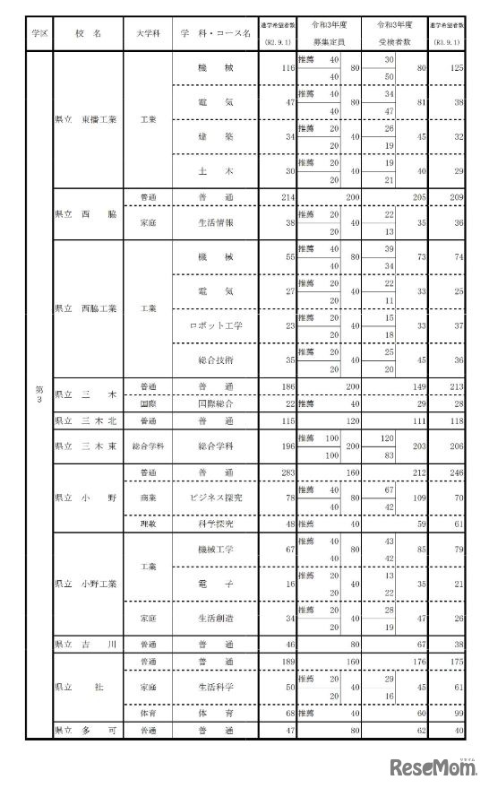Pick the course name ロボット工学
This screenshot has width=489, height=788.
[216, 325]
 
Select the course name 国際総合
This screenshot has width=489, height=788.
[216, 404]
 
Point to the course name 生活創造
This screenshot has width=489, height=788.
[216, 618]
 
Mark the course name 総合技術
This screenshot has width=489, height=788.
[216, 359]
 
